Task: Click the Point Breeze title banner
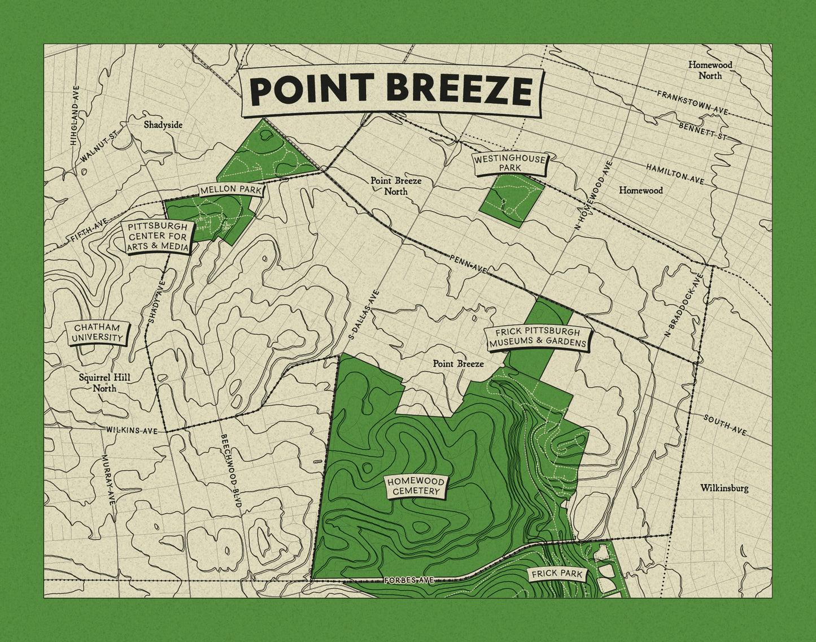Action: point(392,90)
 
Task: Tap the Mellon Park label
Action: point(231,190)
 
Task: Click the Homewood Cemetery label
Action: point(416,487)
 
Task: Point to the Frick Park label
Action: point(557,574)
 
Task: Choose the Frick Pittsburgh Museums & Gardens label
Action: point(538,337)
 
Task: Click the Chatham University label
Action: point(97,333)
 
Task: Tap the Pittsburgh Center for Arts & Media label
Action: point(158,236)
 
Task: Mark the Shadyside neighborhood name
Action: point(163,124)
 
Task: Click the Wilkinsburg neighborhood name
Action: point(724,488)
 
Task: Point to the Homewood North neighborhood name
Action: point(710,70)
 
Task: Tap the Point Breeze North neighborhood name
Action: point(396,186)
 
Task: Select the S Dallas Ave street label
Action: point(364,315)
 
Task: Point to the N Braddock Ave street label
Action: point(683,305)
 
